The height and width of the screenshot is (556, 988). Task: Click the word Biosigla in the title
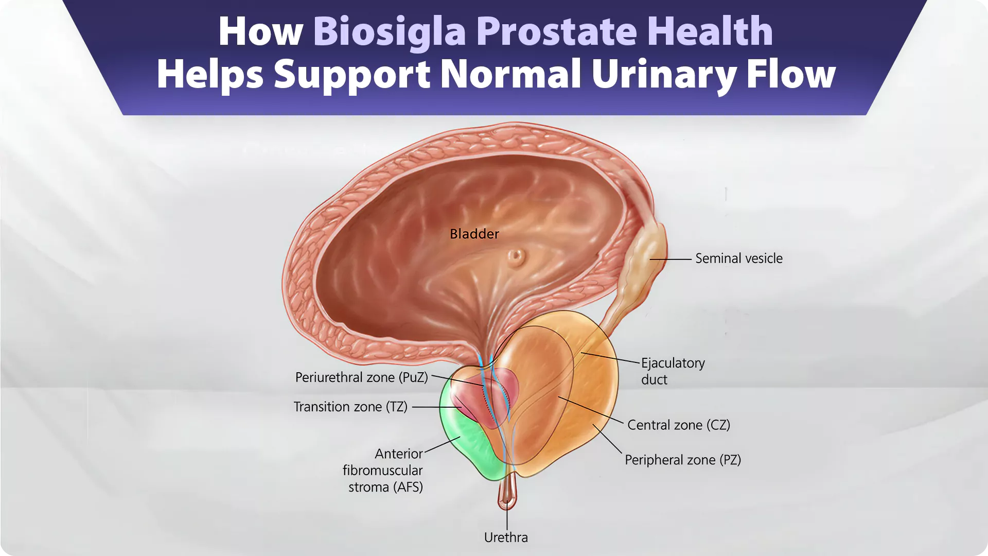tap(390, 32)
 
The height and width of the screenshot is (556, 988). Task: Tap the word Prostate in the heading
tap(556, 32)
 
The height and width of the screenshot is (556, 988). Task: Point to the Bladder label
tap(474, 234)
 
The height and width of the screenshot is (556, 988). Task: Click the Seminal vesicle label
tap(739, 258)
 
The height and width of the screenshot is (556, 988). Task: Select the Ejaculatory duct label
tap(673, 371)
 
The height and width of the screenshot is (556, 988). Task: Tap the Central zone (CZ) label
tap(679, 425)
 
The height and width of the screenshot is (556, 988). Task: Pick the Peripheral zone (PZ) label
tap(683, 460)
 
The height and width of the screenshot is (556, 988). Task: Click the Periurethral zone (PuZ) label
tap(362, 377)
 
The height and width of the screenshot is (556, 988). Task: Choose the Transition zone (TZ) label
tap(350, 407)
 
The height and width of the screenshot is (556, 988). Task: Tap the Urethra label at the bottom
tap(506, 537)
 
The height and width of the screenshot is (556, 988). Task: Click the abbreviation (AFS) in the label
tap(407, 487)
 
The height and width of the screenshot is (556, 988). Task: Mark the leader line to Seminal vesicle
tap(671, 259)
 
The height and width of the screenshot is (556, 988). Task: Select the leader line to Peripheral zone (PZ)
tap(608, 439)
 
